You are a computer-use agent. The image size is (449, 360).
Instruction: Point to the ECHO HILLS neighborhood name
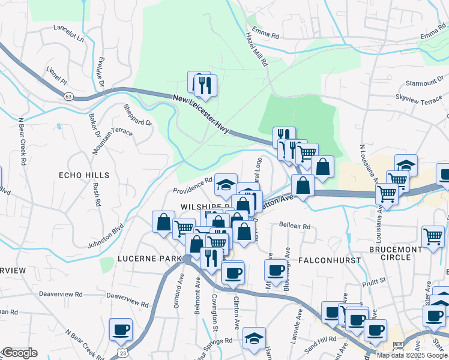tap(84, 175)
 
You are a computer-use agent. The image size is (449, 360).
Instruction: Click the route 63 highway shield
tap(68, 95)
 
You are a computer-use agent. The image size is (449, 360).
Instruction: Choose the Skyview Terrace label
tap(418, 100)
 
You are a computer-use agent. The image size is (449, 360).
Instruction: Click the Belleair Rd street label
tap(294, 227)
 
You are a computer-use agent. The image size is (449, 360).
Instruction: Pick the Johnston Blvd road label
tap(106, 236)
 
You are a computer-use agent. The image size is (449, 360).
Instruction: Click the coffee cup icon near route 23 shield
tap(120, 329)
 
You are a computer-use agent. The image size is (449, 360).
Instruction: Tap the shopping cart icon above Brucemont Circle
tap(433, 237)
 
